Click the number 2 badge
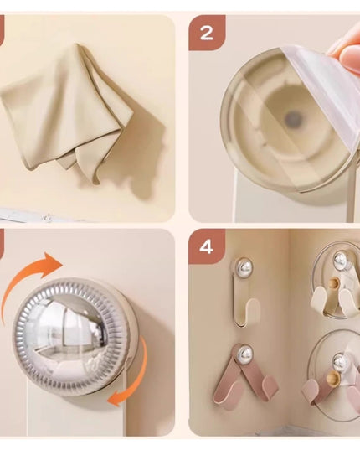[x=207, y=33]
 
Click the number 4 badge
[x=207, y=246]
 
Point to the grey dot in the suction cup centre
[x=293, y=119]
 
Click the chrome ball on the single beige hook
[x=244, y=266]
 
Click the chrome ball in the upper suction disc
[x=341, y=260]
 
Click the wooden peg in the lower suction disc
[x=332, y=378]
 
